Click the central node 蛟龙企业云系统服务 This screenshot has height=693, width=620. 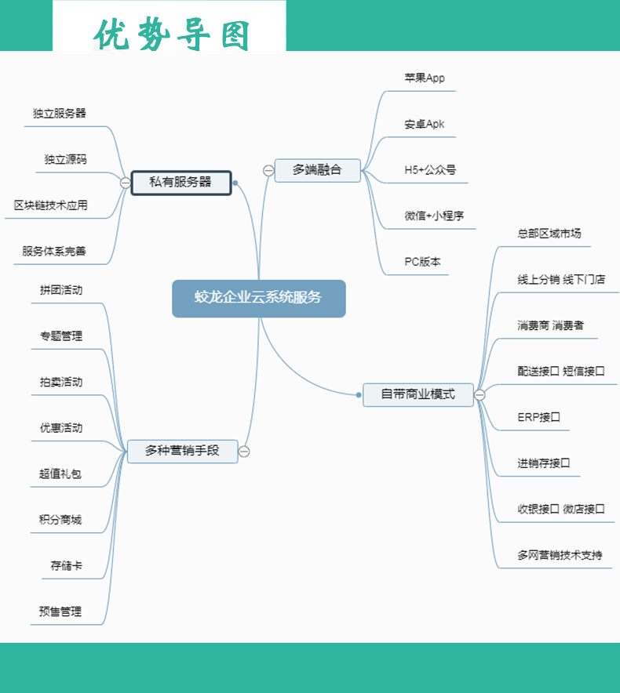click(x=258, y=298)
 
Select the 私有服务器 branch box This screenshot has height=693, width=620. click(x=181, y=183)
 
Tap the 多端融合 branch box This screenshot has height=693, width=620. click(x=317, y=169)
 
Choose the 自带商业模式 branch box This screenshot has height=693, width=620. click(x=418, y=394)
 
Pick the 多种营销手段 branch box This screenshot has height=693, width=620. click(x=182, y=451)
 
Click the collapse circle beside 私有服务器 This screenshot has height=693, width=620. click(x=125, y=183)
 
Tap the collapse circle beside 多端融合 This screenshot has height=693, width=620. click(x=268, y=169)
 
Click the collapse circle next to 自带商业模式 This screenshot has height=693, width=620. click(x=480, y=395)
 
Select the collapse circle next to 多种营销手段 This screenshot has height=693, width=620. click(x=244, y=452)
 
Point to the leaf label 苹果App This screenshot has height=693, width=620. click(x=425, y=78)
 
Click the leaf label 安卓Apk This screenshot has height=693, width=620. click(x=425, y=124)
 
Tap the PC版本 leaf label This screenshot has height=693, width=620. click(x=423, y=262)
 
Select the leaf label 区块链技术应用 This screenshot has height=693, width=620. click(x=51, y=205)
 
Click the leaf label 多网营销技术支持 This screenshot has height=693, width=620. click(x=560, y=555)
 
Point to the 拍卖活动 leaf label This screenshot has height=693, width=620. click(x=61, y=382)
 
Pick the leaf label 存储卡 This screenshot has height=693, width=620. click(x=66, y=565)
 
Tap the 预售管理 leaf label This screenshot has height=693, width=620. click(x=60, y=611)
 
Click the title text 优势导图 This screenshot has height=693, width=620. click(x=172, y=34)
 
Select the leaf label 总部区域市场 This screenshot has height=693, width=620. click(x=549, y=233)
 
